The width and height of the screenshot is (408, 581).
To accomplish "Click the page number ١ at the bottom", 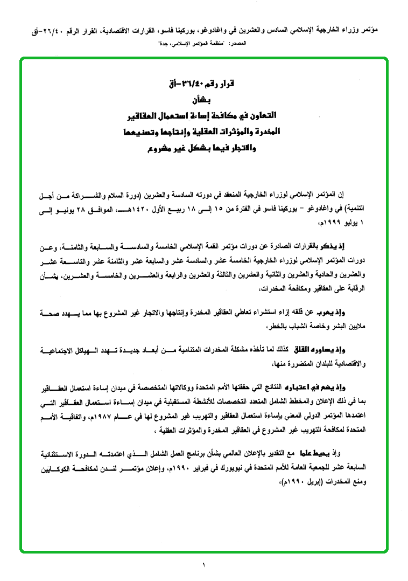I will coord(204,565).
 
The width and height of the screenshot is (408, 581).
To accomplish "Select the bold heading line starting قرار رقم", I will coord(204,84).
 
